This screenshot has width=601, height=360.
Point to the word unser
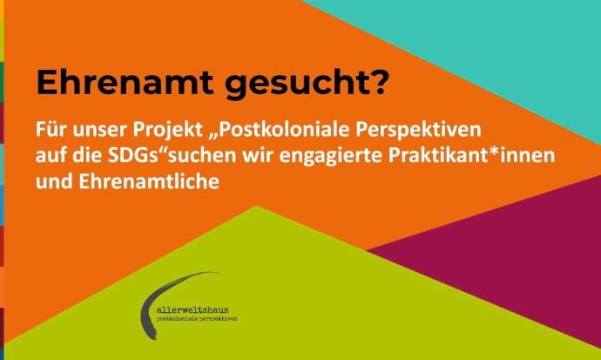click(97, 131)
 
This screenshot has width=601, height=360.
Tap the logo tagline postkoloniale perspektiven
click(196, 320)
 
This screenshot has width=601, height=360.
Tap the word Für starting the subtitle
click(50, 131)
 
